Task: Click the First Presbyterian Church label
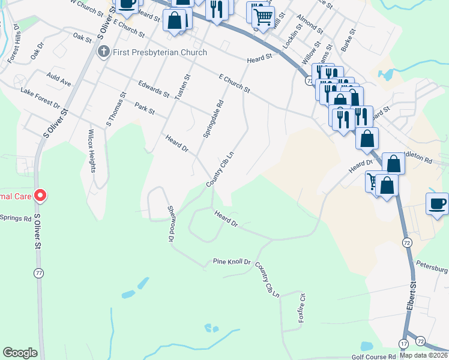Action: tap(160, 52)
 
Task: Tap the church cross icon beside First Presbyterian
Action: tap(104, 52)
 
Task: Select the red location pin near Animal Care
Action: tap(40, 195)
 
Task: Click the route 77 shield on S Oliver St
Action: tap(40, 273)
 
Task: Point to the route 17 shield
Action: tap(403, 343)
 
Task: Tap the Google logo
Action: tap(20, 353)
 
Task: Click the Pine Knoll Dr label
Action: tap(231, 262)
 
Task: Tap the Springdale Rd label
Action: tap(212, 119)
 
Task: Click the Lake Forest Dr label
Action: tap(40, 97)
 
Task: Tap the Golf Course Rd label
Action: tap(374, 356)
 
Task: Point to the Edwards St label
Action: tap(154, 89)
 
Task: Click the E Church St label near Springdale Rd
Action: tap(234, 83)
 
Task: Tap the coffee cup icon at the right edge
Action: tap(438, 203)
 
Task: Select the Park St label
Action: tap(145, 109)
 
